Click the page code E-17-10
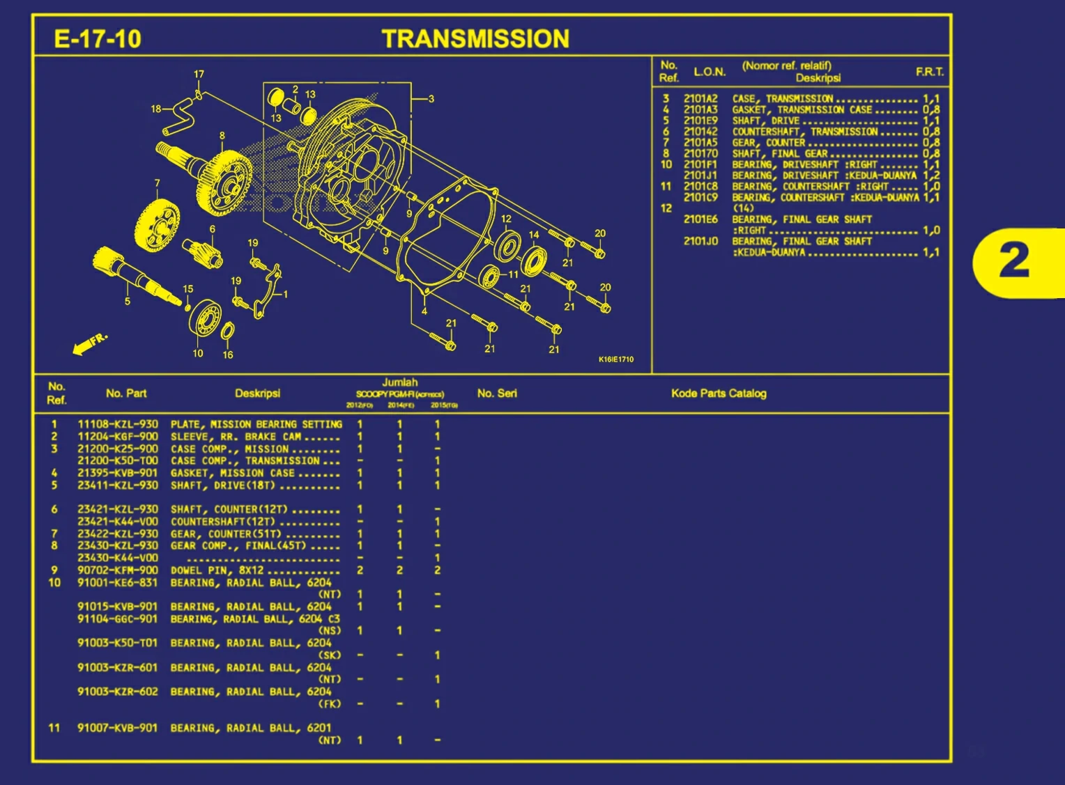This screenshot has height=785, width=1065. pyautogui.click(x=98, y=38)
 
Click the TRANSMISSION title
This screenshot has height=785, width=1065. pyautogui.click(x=475, y=39)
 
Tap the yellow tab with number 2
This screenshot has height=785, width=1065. pyautogui.click(x=1016, y=262)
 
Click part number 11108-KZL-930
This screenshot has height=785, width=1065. pyautogui.click(x=118, y=424)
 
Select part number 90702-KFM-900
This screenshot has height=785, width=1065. pyautogui.click(x=118, y=570)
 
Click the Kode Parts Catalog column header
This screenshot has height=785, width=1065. pyautogui.click(x=719, y=394)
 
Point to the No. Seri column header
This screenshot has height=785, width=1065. pyautogui.click(x=497, y=394)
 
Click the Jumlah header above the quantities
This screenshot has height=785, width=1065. pyautogui.click(x=400, y=382)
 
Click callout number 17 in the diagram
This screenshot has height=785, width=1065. pyautogui.click(x=199, y=74)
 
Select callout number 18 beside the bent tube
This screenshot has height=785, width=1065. pyautogui.click(x=156, y=109)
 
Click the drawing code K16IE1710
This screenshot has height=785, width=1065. pyautogui.click(x=616, y=359)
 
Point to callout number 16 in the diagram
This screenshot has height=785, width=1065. pyautogui.click(x=228, y=355)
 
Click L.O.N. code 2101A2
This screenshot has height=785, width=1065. pyautogui.click(x=700, y=99)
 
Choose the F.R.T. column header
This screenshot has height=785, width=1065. pyautogui.click(x=930, y=72)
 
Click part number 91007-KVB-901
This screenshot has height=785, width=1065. pyautogui.click(x=118, y=728)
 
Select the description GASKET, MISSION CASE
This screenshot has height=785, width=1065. pyautogui.click(x=232, y=473)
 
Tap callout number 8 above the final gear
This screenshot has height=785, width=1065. pyautogui.click(x=222, y=136)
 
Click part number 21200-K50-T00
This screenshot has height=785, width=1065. pyautogui.click(x=118, y=460)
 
